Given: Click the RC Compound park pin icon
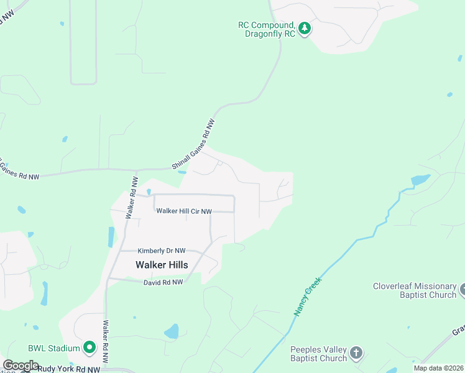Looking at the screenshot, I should pos(304,29).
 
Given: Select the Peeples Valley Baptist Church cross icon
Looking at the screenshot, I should pos(356,353).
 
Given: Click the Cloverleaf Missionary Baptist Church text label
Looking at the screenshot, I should pos(415,290).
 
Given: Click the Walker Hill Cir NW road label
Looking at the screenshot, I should pos(184,211).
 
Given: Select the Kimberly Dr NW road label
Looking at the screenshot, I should pos(162,251).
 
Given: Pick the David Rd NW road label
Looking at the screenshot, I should pos(163,282).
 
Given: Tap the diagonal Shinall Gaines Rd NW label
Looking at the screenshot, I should pos(196,145).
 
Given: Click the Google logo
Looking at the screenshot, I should pos(21,366).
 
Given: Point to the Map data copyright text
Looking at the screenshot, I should pos(438,368).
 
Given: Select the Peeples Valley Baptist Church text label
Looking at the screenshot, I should pos(318,353).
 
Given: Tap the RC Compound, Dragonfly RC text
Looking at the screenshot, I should pos(266,29).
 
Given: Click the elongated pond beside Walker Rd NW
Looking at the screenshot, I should pos(111,237).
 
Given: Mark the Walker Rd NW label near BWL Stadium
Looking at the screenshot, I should pos(106,343).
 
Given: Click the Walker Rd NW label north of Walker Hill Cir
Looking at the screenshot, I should pos(132,198).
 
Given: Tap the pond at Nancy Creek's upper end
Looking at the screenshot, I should pos(420,180).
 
